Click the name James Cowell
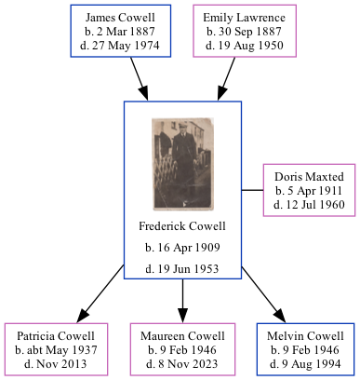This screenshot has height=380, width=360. tap(121, 18)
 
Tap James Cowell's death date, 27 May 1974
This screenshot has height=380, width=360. tap(121, 46)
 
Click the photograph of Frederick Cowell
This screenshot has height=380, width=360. tap(182, 164)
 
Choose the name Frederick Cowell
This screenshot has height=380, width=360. tap(182, 226)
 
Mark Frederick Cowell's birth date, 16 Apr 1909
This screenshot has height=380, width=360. tap(182, 249)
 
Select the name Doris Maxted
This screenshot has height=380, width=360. tap(310, 176)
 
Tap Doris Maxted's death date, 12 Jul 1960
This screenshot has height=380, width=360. tap(310, 204)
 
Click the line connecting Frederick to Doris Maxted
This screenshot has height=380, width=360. tap(252, 190)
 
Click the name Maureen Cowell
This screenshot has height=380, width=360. tap(183, 335)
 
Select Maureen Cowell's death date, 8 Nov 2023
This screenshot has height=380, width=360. tap(183, 363)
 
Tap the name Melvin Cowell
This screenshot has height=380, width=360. tap(305, 335)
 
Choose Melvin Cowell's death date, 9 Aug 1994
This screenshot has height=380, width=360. tap(305, 363)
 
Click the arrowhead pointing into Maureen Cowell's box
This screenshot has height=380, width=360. tap(182, 314)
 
